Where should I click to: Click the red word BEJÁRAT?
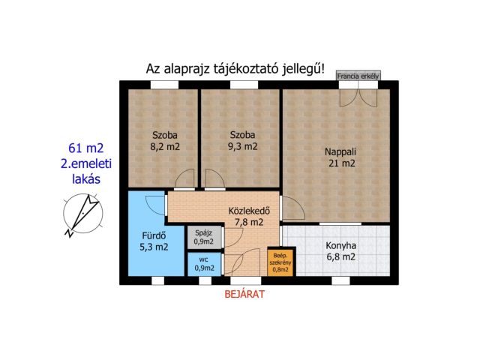coord(244,295)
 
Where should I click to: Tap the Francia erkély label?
coord(359,76)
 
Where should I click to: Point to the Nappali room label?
coord(340,151)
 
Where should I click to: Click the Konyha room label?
coord(340,245)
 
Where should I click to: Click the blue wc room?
coord(203,264)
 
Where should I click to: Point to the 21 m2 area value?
coord(340,163)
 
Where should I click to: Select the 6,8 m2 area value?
coord(340,257)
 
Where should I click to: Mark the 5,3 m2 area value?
coord(154,245)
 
